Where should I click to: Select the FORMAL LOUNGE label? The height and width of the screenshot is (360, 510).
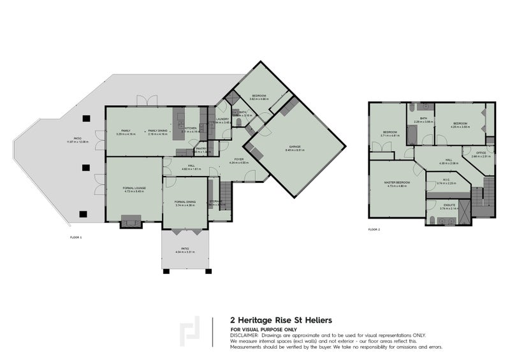click(x=134, y=189)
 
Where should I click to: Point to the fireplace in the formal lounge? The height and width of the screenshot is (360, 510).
click(x=133, y=222)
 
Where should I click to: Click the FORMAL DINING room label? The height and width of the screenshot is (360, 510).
click(x=184, y=203)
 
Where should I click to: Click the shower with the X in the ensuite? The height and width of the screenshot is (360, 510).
click(x=464, y=210)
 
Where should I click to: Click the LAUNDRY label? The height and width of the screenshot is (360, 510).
click(x=222, y=119)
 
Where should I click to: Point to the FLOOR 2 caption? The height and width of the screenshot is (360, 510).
click(x=374, y=229)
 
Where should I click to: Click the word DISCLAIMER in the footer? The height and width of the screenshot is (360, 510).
click(x=244, y=335)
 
